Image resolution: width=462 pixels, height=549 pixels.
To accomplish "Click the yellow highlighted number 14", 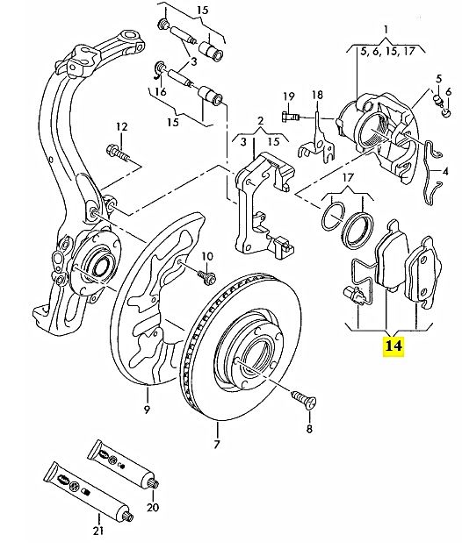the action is (x=393, y=346).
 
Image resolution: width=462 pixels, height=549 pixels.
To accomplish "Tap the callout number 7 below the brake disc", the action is (x=217, y=445).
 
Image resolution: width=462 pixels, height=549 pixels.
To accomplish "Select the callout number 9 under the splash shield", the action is (x=147, y=410).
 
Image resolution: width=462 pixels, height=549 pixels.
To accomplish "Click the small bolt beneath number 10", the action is (x=207, y=276).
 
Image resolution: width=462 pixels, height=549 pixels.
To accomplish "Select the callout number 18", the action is (x=317, y=95).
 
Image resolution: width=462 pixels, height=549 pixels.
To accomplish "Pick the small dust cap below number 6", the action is (x=447, y=113).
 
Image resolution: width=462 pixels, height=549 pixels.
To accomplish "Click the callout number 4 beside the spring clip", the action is (x=445, y=172).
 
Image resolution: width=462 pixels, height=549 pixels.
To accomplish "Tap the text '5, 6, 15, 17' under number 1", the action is (x=387, y=52).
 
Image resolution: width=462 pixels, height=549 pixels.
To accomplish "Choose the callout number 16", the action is (x=161, y=92).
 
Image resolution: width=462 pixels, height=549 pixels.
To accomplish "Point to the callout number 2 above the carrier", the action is (x=260, y=122).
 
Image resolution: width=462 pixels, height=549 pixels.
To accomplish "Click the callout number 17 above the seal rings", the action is (x=348, y=177).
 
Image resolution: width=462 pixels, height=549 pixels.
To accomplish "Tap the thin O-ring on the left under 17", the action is (x=332, y=217).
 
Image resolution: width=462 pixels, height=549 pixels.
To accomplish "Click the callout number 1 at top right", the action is (x=386, y=30).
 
